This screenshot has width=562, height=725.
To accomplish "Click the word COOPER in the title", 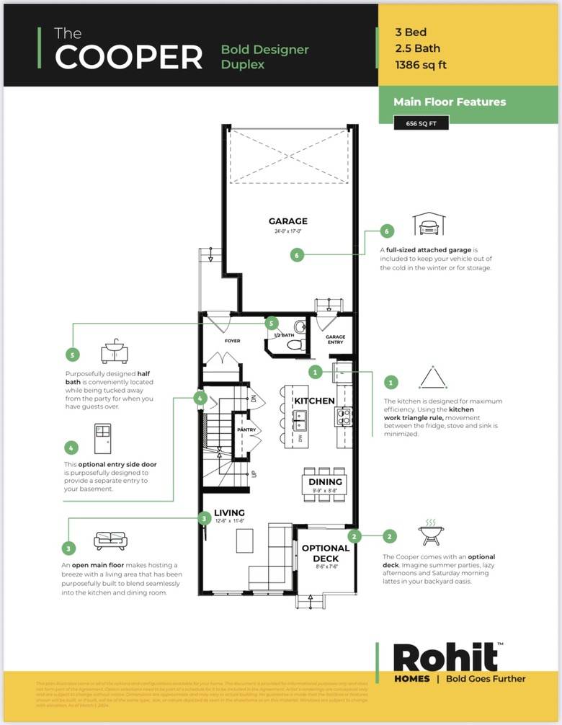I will pyautogui.click(x=129, y=57).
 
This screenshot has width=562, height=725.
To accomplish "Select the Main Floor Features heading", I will pyautogui.click(x=450, y=102).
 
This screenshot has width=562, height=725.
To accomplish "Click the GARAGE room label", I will pyautogui.click(x=288, y=221).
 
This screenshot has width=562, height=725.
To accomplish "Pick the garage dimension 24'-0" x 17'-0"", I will pyautogui.click(x=288, y=232).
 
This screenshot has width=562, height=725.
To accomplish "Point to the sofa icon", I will pyautogui.click(x=110, y=541).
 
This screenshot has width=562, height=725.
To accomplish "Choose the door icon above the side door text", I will pyautogui.click(x=102, y=438).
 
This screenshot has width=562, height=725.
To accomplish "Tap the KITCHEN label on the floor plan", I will pyautogui.click(x=314, y=400).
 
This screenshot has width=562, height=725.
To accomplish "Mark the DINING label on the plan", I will pyautogui.click(x=325, y=481).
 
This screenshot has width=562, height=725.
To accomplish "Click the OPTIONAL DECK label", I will pyautogui.click(x=325, y=553).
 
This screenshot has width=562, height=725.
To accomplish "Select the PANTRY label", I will pyautogui.click(x=246, y=430).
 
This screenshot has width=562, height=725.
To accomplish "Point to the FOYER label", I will pyautogui.click(x=232, y=341).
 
